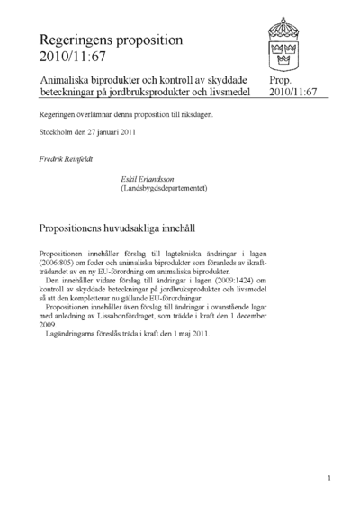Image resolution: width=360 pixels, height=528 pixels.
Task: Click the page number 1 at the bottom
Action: [330, 478]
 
